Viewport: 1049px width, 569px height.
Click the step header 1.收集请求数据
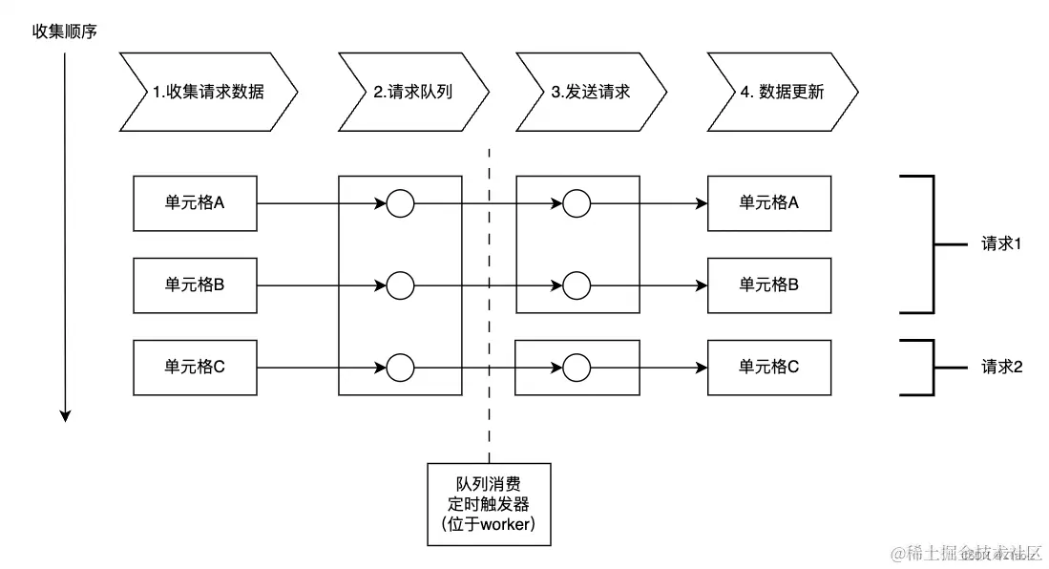click(208, 93)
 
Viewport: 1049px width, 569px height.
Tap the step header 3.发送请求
click(591, 93)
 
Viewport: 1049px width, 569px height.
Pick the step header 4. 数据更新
click(782, 93)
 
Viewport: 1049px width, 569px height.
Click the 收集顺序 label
click(65, 32)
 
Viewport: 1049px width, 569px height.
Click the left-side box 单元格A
click(195, 203)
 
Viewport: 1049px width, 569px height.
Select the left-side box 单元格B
click(195, 284)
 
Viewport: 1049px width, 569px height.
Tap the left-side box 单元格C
click(195, 367)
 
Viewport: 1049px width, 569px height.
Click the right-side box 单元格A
click(768, 203)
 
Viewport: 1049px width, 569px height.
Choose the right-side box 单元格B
click(768, 284)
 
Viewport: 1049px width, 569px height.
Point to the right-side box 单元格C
click(768, 367)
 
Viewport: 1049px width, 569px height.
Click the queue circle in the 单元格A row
click(400, 203)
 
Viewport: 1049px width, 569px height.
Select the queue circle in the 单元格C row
click(400, 367)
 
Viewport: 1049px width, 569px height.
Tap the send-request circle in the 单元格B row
click(577, 284)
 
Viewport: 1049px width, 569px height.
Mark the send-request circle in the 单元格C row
click(577, 367)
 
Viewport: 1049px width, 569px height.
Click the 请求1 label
click(1001, 244)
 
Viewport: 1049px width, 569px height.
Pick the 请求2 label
click(1001, 367)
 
